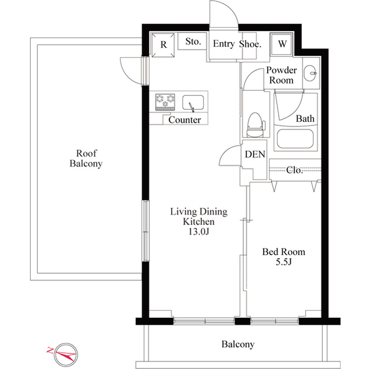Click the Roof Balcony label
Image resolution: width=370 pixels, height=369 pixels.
tap(86, 158)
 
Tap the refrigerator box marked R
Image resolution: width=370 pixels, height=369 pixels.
tap(164, 44)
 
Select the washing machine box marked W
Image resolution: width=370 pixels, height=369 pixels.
tap(283, 44)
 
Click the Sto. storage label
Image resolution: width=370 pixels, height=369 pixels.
tap(193, 42)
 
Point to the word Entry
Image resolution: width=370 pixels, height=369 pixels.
tap(223, 43)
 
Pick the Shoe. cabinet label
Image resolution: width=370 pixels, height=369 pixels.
tap(250, 43)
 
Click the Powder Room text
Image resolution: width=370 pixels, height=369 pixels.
tap(282, 75)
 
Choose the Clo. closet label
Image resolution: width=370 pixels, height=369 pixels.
tap(295, 170)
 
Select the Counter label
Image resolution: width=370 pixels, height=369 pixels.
tap(184, 120)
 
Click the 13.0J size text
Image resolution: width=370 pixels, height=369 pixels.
tap(199, 232)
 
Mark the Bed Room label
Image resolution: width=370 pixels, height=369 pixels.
tap(283, 252)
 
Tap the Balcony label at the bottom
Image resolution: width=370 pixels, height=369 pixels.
tap(238, 345)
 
